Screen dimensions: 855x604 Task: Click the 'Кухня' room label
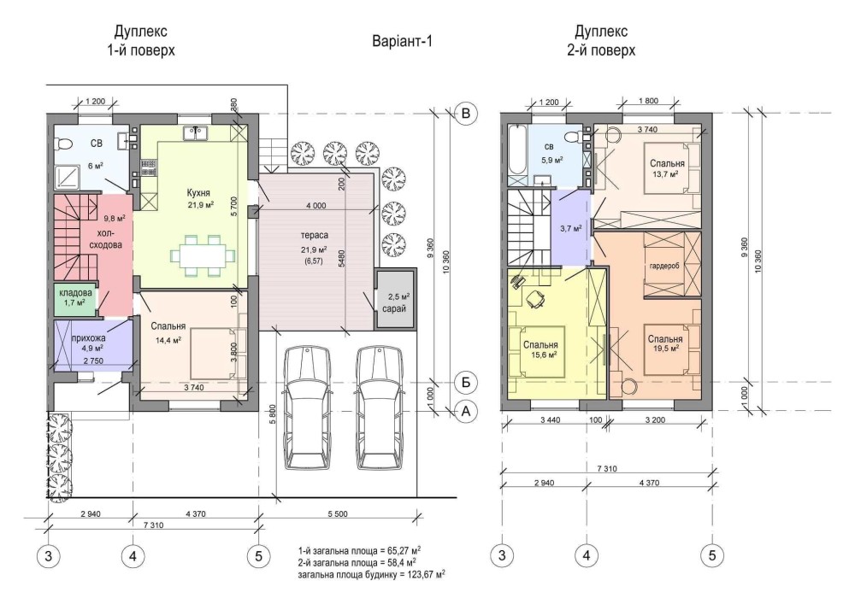[x=198, y=193]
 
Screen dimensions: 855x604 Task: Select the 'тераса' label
[x=314, y=235]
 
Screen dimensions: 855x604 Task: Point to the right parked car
[x=380, y=408]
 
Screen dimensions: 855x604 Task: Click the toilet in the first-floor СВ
[x=63, y=144]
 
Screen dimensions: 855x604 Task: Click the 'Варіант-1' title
[x=402, y=41]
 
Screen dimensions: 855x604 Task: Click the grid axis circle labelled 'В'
[x=466, y=114]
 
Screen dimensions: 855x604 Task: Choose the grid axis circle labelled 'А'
[x=466, y=412]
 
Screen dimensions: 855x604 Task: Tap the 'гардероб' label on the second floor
[x=663, y=266]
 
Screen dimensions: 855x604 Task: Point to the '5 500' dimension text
[x=338, y=514]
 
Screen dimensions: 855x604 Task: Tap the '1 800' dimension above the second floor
[x=648, y=101]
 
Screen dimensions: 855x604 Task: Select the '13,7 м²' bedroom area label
[x=665, y=173]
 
